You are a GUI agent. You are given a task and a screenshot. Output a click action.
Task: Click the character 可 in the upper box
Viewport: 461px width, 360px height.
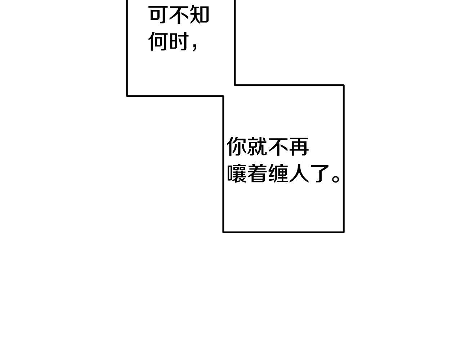click(x=159, y=15)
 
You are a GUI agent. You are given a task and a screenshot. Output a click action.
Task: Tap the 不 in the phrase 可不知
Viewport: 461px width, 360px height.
click(x=179, y=15)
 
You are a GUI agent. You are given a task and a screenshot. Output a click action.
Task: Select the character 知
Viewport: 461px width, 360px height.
click(x=199, y=15)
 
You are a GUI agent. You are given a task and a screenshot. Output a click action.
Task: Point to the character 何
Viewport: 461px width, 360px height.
click(x=159, y=41)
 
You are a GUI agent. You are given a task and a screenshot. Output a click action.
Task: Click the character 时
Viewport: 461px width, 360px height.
click(x=179, y=41)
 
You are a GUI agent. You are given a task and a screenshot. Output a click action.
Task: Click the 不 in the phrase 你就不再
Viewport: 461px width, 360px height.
click(x=278, y=147)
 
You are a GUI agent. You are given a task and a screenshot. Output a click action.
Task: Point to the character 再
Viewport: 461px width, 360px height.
click(x=299, y=147)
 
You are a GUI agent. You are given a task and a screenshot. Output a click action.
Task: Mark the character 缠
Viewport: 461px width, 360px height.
click(x=278, y=174)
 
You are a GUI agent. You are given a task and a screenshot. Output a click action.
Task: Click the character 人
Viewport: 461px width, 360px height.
click(x=299, y=174)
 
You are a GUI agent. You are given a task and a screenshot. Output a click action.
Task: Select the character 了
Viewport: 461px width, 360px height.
click(x=319, y=174)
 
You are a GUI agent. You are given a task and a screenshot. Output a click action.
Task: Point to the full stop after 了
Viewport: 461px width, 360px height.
click(x=336, y=179)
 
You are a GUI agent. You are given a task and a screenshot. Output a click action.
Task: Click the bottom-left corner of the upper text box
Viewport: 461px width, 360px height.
click(x=127, y=96)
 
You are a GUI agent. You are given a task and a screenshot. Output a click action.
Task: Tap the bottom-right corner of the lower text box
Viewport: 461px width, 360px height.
click(x=344, y=232)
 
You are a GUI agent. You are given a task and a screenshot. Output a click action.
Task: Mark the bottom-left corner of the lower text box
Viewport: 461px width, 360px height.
click(x=223, y=232)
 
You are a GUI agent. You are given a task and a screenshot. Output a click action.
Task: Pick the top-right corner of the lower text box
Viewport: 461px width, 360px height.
click(x=344, y=85)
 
